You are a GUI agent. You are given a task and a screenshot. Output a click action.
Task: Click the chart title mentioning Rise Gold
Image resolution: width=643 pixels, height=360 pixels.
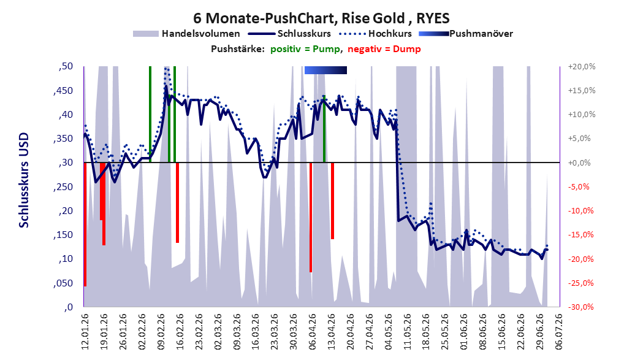pos(321,18)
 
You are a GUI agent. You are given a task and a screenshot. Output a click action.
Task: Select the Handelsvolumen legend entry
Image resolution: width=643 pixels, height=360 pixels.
pos(186,34)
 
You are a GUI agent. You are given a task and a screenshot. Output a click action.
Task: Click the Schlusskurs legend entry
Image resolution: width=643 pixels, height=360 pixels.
pos(289,34)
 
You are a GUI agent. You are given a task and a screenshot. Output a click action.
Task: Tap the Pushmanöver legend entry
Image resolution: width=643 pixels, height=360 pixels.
pos(466,34)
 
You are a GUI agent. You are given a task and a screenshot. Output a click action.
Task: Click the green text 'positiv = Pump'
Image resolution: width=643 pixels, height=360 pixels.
pos(305,49)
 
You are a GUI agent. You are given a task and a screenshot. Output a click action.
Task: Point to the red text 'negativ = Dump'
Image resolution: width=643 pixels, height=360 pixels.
pos(384,49)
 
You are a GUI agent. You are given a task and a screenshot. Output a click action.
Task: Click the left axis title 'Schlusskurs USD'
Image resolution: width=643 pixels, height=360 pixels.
pos(24,180)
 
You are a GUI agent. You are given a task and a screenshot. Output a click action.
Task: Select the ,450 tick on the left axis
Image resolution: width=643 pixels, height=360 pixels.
pos(63,91)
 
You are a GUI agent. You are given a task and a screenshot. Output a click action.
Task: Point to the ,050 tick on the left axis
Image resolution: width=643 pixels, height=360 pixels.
pos(63,283)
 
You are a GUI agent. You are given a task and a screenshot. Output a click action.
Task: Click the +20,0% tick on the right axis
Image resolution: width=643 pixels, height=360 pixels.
pos(582,66)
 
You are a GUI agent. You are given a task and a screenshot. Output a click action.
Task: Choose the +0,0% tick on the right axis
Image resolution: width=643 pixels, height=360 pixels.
pos(580,163)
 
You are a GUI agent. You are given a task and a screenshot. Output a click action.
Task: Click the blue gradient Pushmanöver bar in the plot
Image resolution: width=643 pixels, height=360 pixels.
pos(325,70)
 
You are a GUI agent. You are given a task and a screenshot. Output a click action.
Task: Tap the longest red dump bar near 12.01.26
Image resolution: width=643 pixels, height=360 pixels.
pos(85,224)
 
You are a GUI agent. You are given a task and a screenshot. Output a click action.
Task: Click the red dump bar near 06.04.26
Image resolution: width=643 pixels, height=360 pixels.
pos(311,217)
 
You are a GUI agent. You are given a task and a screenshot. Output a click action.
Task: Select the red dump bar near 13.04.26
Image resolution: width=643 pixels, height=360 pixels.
pos(333,201)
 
